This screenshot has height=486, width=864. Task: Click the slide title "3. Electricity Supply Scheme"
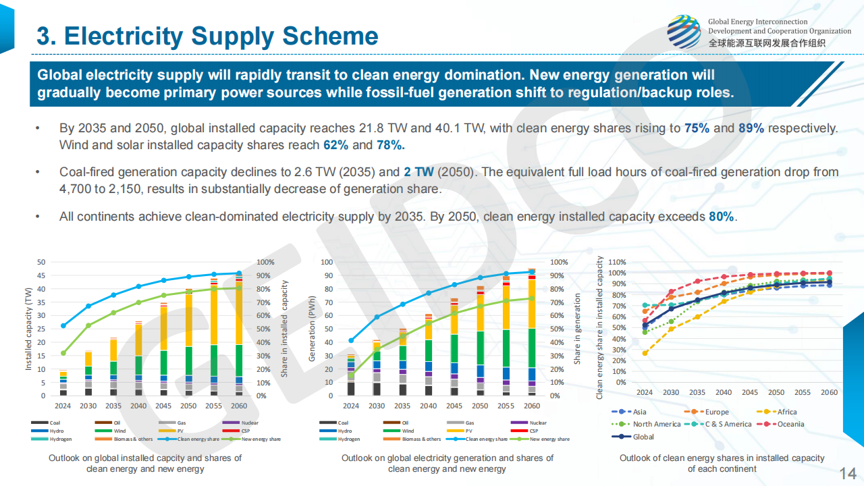click(207, 36)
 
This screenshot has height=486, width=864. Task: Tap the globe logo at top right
click(684, 32)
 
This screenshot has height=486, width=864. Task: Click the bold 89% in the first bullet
click(751, 128)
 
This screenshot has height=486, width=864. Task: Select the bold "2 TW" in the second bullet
click(418, 172)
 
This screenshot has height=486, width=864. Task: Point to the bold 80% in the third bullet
click(721, 217)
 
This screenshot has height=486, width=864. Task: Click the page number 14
click(847, 472)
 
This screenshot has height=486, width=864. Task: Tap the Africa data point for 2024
click(645, 353)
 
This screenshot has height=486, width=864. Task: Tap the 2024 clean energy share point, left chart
click(63, 325)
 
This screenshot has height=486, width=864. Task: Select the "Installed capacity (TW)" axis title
click(28, 329)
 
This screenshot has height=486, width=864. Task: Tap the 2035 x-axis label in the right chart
click(697, 392)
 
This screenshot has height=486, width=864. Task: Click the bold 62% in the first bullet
click(335, 145)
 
